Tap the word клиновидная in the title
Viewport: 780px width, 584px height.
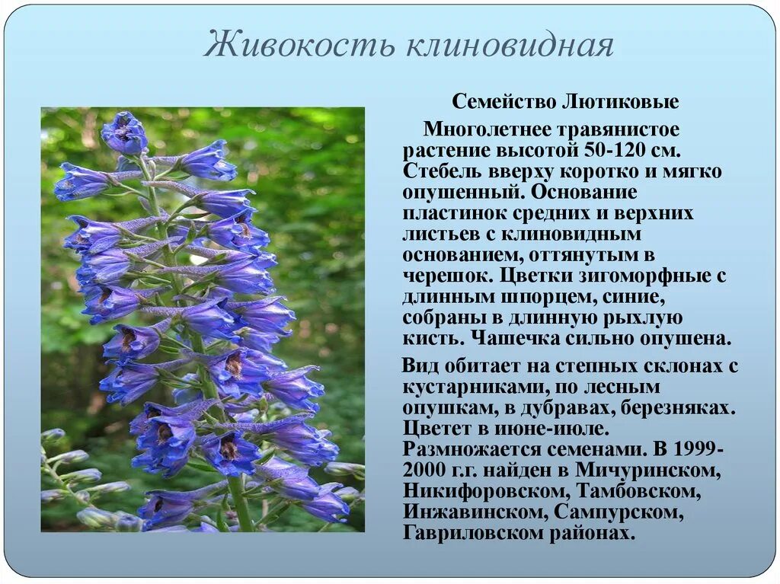[x=510, y=45]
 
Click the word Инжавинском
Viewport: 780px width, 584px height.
[x=475, y=511]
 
